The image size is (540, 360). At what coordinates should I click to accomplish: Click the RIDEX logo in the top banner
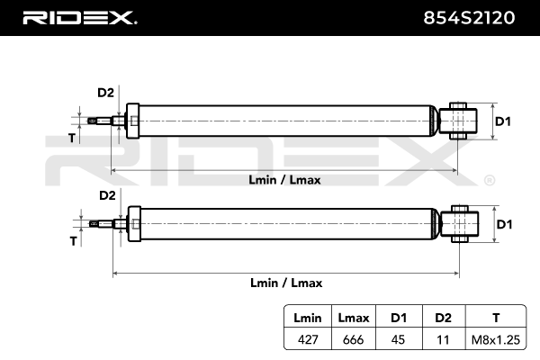[80, 18]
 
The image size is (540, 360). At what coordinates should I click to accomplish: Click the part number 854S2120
[469, 18]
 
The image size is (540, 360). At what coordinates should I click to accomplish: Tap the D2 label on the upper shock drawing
[105, 93]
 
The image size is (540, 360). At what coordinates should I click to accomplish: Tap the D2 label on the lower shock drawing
[107, 195]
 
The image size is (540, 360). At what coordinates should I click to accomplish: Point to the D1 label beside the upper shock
[503, 121]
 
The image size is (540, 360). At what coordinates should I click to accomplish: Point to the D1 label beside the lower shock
[505, 224]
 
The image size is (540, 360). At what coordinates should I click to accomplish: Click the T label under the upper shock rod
[72, 138]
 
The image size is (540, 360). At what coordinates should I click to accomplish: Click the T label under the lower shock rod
[73, 241]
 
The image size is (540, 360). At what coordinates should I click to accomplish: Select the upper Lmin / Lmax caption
[284, 180]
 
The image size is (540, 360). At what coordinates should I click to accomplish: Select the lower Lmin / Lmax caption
[286, 283]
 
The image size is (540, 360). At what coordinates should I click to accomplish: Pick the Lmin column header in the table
[308, 318]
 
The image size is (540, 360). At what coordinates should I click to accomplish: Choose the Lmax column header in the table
[354, 318]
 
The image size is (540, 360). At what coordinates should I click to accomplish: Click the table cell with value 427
[308, 339]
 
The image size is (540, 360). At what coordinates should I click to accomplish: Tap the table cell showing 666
[354, 339]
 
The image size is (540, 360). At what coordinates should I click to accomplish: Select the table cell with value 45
[398, 339]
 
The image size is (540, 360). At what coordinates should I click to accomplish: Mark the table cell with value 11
[443, 339]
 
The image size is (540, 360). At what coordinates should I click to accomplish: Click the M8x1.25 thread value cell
[496, 339]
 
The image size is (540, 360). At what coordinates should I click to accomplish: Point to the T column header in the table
[496, 318]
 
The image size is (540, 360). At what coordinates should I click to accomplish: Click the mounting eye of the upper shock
[458, 121]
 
